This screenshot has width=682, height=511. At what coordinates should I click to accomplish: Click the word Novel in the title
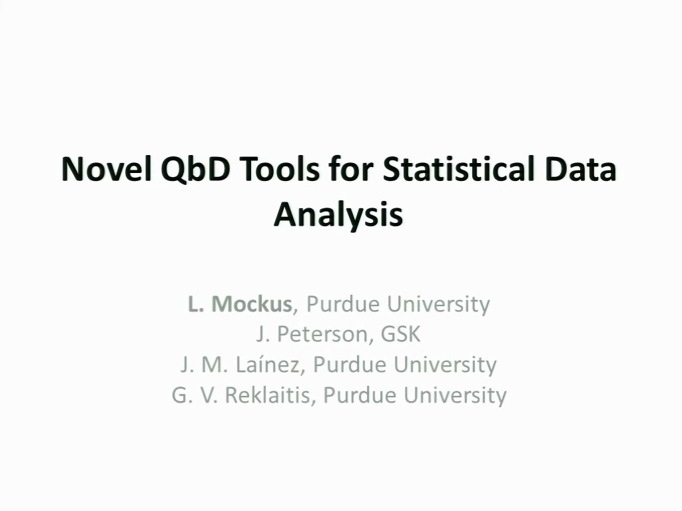tap(107, 169)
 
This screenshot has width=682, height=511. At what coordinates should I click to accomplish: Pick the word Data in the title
tap(580, 169)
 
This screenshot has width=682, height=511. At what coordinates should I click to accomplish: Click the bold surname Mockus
tap(251, 303)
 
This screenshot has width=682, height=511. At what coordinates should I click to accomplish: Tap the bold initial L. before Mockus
tap(195, 303)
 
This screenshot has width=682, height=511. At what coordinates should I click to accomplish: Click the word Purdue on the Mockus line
tap(343, 303)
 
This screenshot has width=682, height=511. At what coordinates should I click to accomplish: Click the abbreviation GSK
tap(400, 334)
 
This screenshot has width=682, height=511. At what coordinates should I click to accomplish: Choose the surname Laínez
tap(268, 365)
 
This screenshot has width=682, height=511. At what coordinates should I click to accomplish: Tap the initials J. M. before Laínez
tap(204, 365)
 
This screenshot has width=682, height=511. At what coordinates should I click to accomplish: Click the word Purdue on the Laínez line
tap(349, 365)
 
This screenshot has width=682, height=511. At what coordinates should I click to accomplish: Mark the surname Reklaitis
tap(268, 395)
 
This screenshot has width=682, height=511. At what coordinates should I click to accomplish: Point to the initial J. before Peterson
tap(262, 334)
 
